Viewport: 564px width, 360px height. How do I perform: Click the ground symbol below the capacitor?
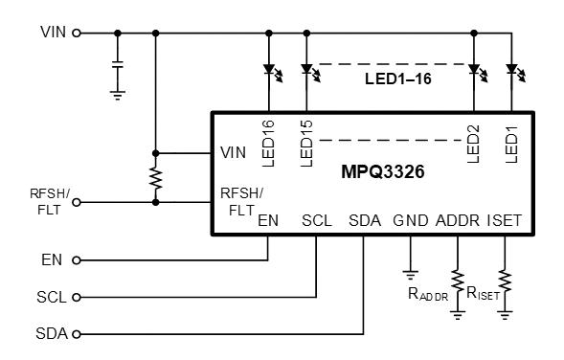click(118, 94)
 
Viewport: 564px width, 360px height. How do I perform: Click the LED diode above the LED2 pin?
click(473, 69)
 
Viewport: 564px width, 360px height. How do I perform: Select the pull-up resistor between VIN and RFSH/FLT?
click(154, 177)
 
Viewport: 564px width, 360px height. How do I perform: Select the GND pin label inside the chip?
click(410, 220)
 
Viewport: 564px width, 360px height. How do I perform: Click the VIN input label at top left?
click(54, 32)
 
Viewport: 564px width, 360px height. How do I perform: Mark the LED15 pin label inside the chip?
click(306, 144)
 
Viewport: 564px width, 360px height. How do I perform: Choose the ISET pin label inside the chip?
click(505, 220)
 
